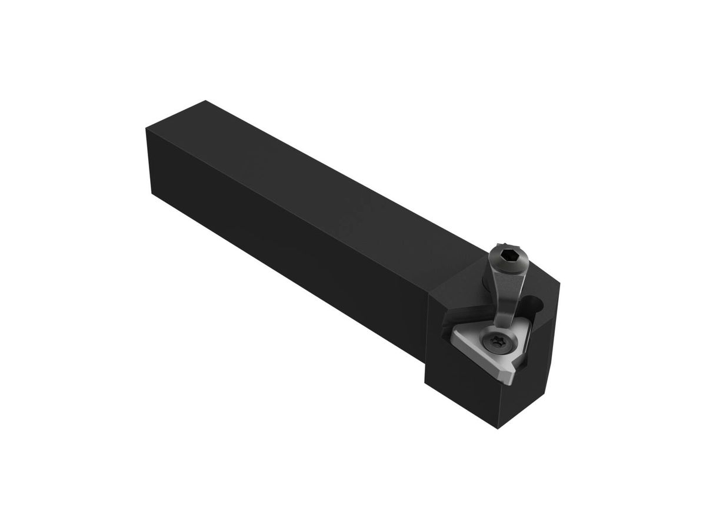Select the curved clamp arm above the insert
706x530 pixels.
click(x=505, y=294)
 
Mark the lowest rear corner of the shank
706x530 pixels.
click(x=151, y=194)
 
